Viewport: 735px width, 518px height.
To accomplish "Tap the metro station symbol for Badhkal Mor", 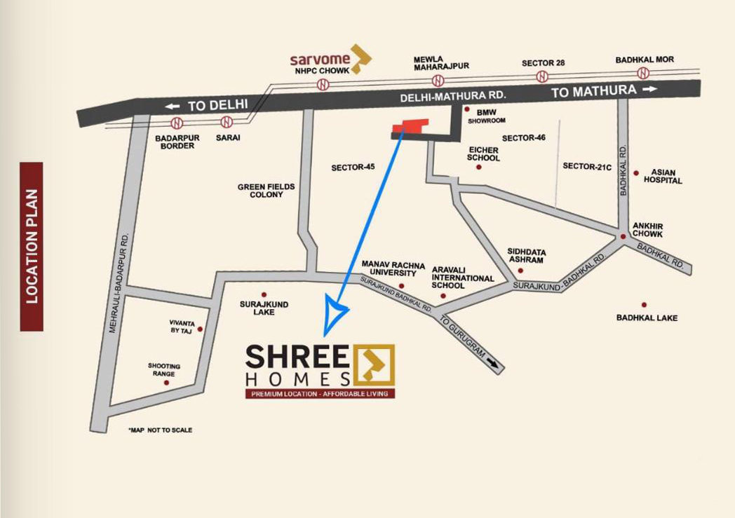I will coord(643,73).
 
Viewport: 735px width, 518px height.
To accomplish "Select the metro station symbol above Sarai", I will coord(226,122).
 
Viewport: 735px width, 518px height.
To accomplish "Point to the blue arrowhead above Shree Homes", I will coord(335,313).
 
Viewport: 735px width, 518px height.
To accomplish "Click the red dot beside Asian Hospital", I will coord(636,172).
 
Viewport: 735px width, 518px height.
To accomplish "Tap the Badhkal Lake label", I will coord(647,318).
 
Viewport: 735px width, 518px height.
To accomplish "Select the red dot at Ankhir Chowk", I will coord(623,237).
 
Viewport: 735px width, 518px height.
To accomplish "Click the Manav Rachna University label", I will coord(393,268).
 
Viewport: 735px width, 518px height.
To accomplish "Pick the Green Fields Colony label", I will coord(266,191).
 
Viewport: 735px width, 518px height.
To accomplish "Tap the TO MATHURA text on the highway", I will coord(593,91).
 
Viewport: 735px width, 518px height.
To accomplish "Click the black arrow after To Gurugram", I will coord(494,364).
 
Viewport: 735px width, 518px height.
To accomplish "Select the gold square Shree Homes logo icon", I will coord(374,364).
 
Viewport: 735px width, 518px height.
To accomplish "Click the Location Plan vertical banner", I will coord(32,246).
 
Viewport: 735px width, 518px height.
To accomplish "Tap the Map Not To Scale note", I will coord(160,430).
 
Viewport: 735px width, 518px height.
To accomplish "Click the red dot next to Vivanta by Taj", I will coord(200,329).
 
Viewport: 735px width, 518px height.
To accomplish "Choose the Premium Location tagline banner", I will coord(319,394).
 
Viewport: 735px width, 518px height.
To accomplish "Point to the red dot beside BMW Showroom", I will coord(466,109).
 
